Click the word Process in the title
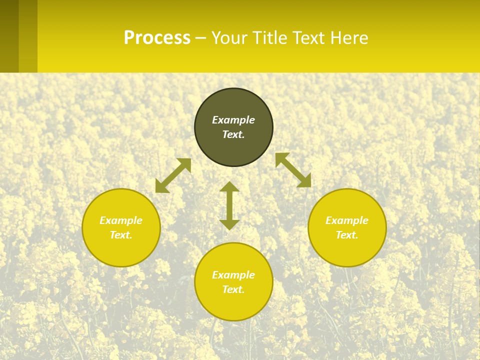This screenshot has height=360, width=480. tap(157, 38)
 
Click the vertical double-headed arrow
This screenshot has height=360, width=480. tap(229, 205)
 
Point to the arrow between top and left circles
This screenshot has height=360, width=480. tap(173, 175)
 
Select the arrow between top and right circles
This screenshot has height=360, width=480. tap(293, 170)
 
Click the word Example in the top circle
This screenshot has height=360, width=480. tap(233, 120)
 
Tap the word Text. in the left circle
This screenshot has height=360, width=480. tap(121, 235)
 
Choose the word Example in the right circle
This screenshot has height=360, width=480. tap(347, 220)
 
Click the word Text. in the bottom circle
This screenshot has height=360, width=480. tap(233, 289)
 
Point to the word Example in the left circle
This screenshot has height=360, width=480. tap(121, 220)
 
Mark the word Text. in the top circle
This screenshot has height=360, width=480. tap(233, 134)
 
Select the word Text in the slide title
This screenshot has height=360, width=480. tap(308, 38)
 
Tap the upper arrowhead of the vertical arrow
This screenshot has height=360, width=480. tap(229, 187)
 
